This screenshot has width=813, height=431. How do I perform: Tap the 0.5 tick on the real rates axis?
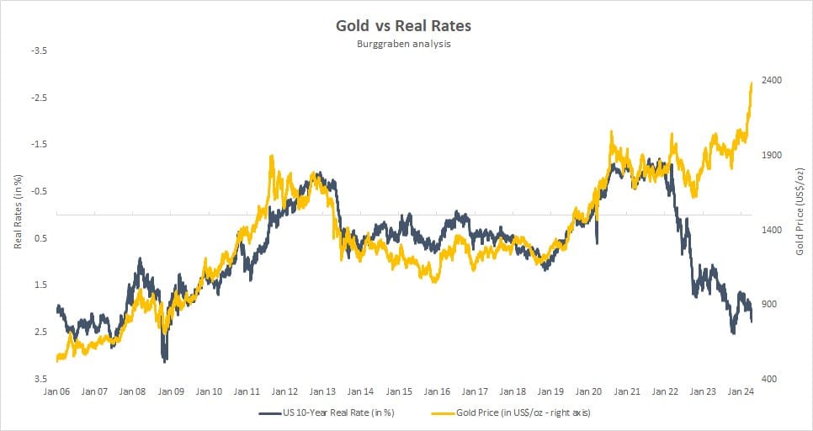click(40, 238)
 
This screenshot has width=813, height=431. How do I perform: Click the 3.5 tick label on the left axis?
click(40, 379)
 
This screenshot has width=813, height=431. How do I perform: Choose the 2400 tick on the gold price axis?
click(772, 81)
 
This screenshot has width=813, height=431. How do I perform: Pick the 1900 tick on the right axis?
click(772, 156)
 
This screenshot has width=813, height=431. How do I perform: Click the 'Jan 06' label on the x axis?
click(57, 391)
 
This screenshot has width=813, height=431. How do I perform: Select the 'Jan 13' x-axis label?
click(323, 391)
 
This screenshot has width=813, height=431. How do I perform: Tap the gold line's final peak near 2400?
click(751, 82)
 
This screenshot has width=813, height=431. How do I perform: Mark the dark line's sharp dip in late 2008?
click(165, 360)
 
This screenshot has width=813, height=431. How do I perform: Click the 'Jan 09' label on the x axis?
click(172, 391)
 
